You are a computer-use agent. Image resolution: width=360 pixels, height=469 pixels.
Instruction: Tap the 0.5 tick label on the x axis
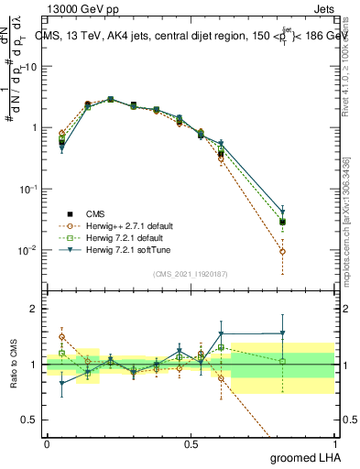(x=191, y=442)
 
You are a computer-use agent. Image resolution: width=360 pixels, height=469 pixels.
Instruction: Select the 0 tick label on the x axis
(x=47, y=442)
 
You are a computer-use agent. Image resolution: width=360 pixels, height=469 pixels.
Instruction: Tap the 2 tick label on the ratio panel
(x=34, y=309)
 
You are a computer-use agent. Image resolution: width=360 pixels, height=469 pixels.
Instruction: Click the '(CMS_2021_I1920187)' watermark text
(x=191, y=273)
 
